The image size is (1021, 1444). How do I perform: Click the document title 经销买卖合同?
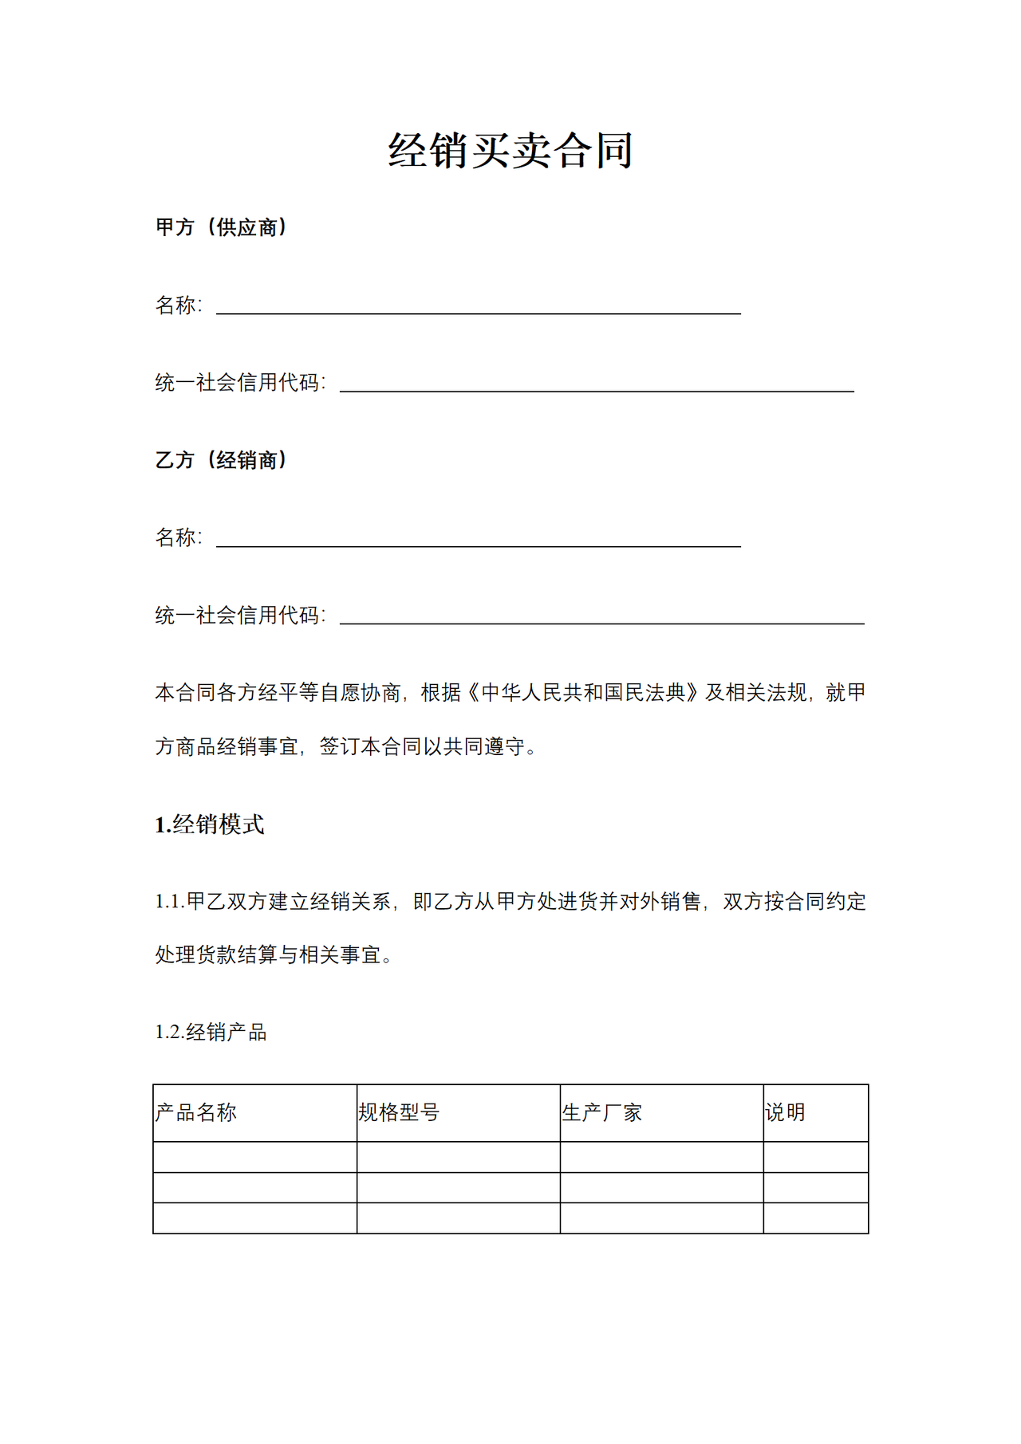click(x=510, y=150)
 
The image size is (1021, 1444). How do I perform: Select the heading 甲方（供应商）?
click(x=221, y=227)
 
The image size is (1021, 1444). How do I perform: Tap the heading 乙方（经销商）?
click(x=221, y=460)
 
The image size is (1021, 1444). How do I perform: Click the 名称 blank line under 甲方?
click(x=479, y=306)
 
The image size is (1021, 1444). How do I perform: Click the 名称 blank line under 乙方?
click(x=479, y=539)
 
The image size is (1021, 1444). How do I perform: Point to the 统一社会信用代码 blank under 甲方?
click(x=597, y=384)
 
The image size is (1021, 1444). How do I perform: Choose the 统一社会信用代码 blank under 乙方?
click(x=601, y=616)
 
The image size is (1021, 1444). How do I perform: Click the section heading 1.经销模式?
click(x=209, y=824)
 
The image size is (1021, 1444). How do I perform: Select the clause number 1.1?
click(x=170, y=902)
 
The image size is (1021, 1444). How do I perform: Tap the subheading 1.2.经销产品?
click(x=211, y=1032)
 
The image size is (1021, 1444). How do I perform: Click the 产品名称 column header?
click(x=196, y=1112)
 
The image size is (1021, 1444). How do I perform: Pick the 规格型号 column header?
click(x=399, y=1112)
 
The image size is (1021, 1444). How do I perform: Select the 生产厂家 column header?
click(x=602, y=1112)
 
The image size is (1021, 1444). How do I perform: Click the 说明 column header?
click(x=785, y=1112)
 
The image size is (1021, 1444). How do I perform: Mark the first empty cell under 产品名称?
click(x=254, y=1157)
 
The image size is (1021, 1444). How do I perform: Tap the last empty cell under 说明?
click(x=815, y=1218)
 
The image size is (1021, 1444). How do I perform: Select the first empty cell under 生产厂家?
click(x=661, y=1157)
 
